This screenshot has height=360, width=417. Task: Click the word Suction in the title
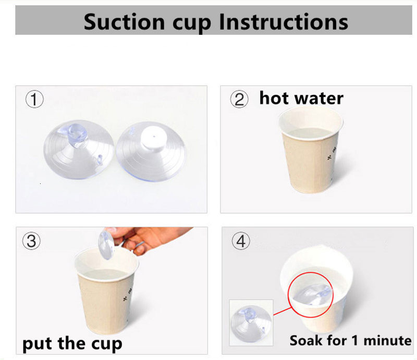pyautogui.click(x=124, y=22)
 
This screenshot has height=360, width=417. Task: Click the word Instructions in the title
pyautogui.click(x=284, y=22)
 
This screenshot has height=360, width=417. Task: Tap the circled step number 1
pyautogui.click(x=34, y=100)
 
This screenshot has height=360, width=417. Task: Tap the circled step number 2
pyautogui.click(x=239, y=100)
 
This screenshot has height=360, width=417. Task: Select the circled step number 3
pyautogui.click(x=31, y=241)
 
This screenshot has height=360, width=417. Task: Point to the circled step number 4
pyautogui.click(x=241, y=241)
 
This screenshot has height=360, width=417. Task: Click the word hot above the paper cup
pyautogui.click(x=274, y=98)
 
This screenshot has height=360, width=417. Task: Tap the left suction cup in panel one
pyautogui.click(x=79, y=150)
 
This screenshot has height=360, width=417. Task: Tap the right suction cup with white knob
pyautogui.click(x=151, y=151)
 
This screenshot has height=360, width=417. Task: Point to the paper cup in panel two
pyautogui.click(x=310, y=150)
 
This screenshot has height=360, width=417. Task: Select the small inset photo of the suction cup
pyautogui.click(x=251, y=322)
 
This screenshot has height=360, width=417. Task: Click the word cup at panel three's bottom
pyautogui.click(x=107, y=345)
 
